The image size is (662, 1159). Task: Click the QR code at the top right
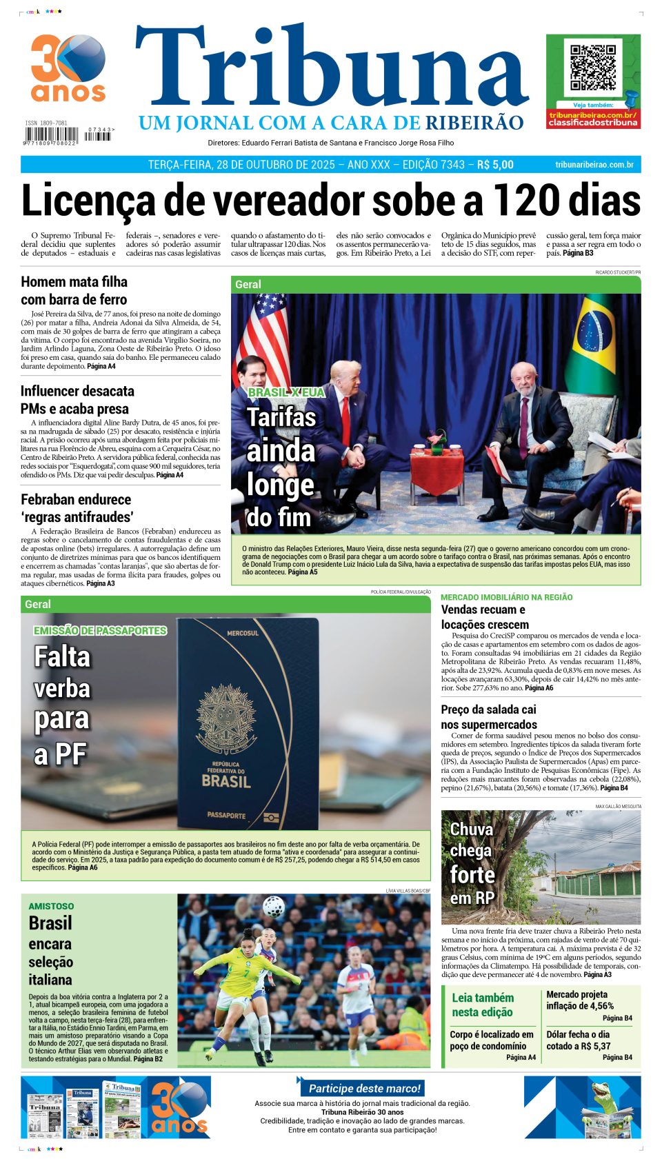[x=592, y=68]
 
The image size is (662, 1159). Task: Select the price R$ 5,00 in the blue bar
[x=495, y=165]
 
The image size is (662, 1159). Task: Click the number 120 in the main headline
[x=531, y=201]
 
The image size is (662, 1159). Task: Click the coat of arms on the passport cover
[x=225, y=717]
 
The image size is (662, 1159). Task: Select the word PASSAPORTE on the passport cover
[x=226, y=815]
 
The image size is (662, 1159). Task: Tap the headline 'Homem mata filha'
[x=74, y=282]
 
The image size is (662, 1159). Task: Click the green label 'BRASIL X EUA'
[x=285, y=392]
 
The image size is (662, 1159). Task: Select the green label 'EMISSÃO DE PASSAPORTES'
[x=100, y=630]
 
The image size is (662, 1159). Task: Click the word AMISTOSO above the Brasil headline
[x=51, y=906]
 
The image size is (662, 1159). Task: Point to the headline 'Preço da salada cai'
[x=488, y=709]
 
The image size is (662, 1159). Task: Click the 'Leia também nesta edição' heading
[x=482, y=1005]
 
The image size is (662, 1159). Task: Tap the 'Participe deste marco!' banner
[x=363, y=1088]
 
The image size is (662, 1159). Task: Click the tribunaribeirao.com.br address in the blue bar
[x=594, y=165]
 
